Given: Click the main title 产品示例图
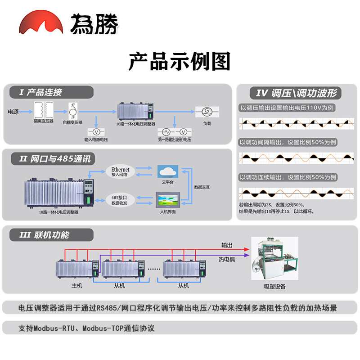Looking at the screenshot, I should coord(180,62).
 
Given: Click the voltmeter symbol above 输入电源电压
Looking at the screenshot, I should coord(96,131).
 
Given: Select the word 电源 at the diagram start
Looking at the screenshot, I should coord(13,111).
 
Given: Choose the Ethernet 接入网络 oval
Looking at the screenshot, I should coord(120,172).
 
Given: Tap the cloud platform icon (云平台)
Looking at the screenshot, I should coord(167,171).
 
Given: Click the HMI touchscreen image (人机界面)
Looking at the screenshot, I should coord(167,199).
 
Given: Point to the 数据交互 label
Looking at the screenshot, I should coord(202,187).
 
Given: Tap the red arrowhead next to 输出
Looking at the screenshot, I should coord(246,249).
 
